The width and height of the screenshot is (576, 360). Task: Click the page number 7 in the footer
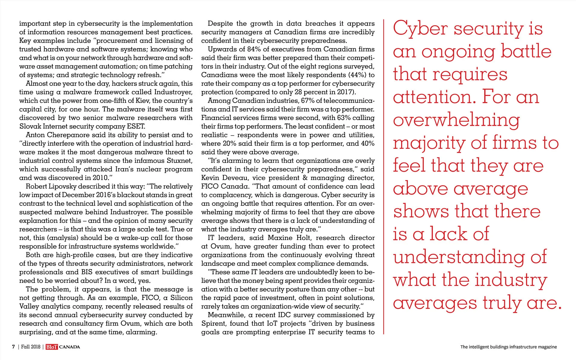coord(13,347)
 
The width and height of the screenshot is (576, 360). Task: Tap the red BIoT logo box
coord(52,347)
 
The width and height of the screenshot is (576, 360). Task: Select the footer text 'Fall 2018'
coord(31,347)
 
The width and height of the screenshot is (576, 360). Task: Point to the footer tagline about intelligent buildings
coord(508,347)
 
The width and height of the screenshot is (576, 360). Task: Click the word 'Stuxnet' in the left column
coord(179,161)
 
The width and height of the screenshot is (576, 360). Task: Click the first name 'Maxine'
coord(279,238)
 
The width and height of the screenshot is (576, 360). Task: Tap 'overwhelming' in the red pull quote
coord(456,120)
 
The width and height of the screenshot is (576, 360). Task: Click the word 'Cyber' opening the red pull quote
coord(420,29)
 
